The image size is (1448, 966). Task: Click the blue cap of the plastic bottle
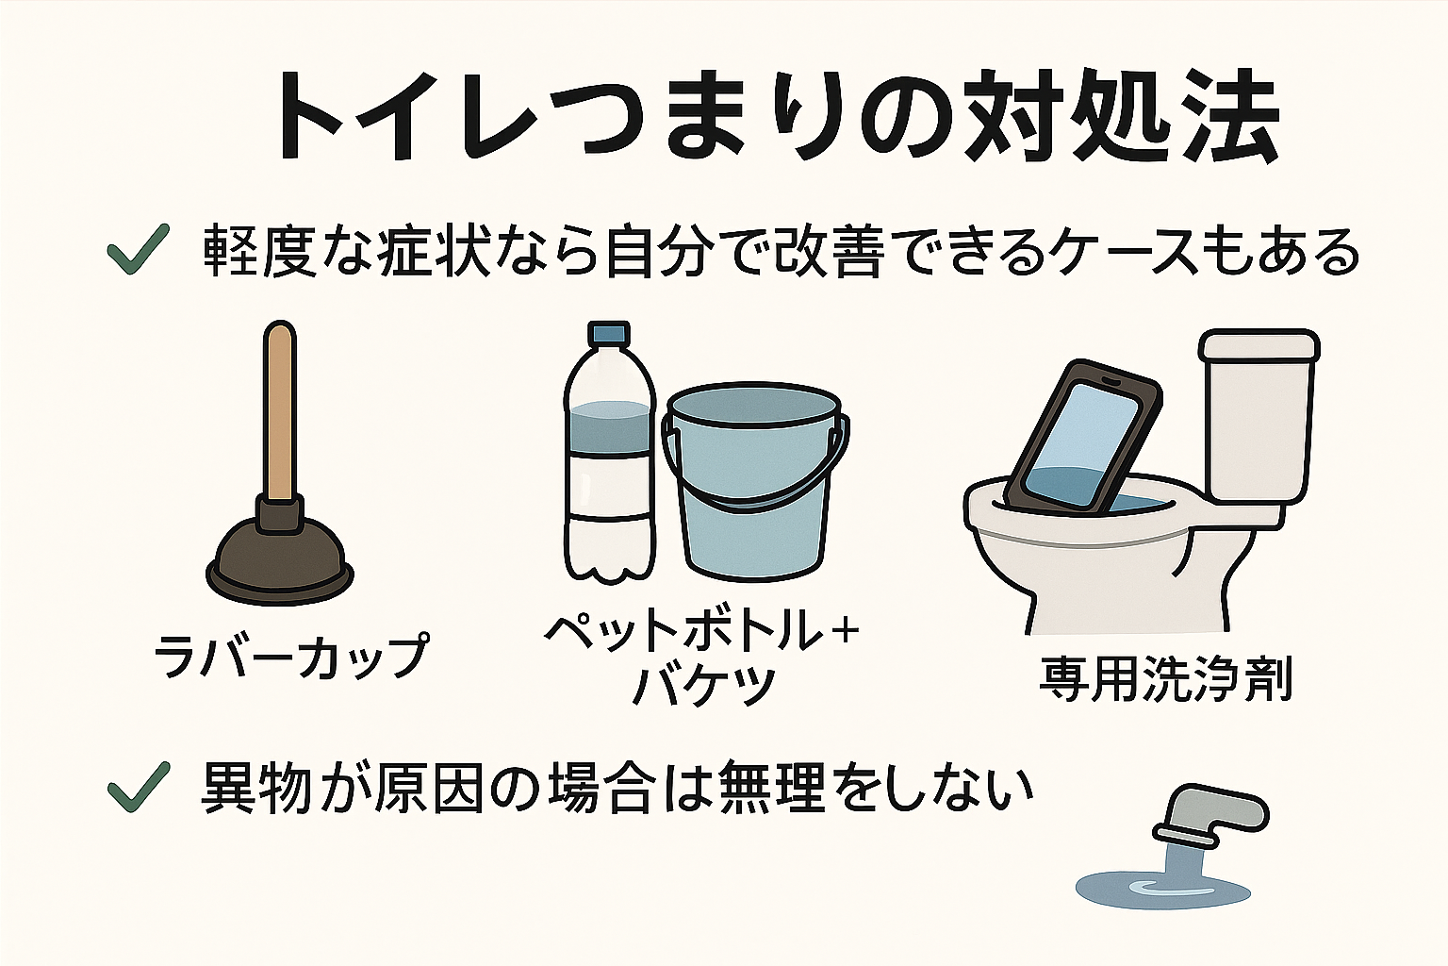[x=608, y=334]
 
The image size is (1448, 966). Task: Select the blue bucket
[x=754, y=491]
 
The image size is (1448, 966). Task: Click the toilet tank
[x=1257, y=415]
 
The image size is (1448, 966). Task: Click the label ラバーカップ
[x=290, y=655]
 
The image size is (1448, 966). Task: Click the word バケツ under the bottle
[x=703, y=686]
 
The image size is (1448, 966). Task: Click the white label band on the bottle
[x=608, y=487]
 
